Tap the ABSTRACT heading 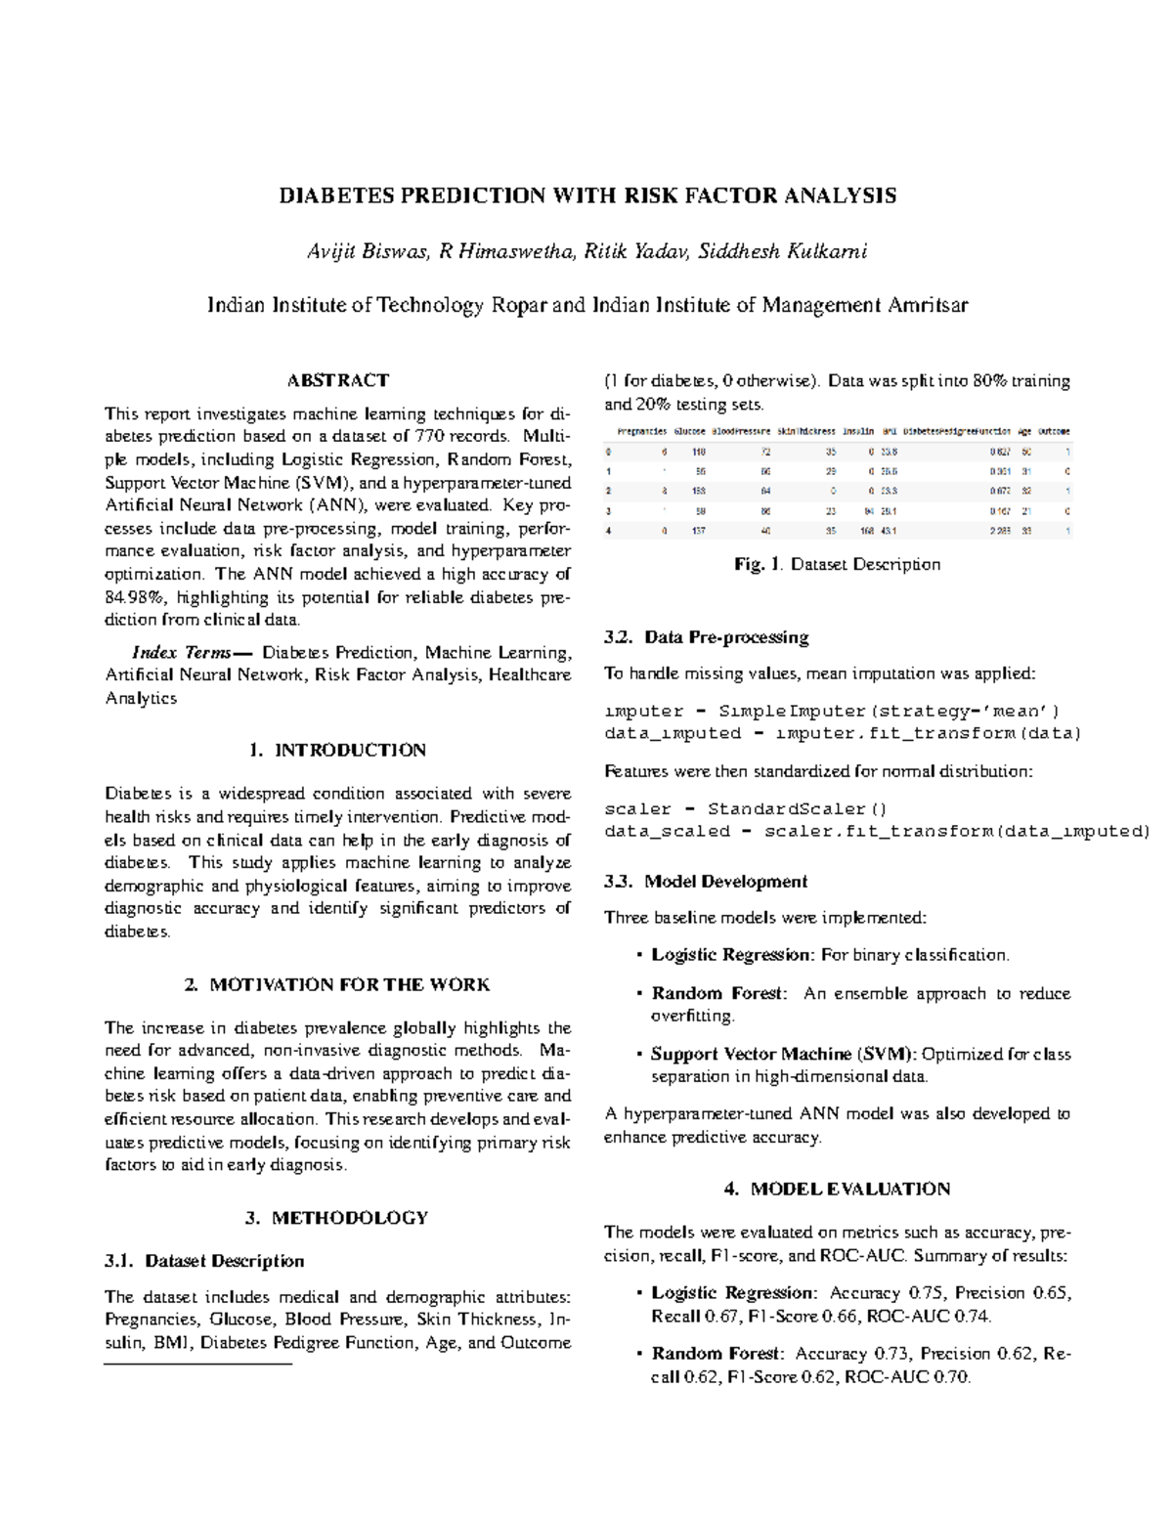(x=337, y=380)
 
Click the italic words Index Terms (x=182, y=652)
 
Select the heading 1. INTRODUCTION (x=337, y=751)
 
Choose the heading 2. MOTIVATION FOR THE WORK (x=337, y=984)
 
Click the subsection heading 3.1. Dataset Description (x=204, y=1261)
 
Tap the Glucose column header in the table (x=689, y=431)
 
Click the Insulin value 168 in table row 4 (x=867, y=531)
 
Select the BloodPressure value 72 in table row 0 (x=766, y=453)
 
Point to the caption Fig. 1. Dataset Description (x=837, y=564)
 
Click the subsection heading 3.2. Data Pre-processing (x=706, y=637)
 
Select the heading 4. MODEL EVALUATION (x=837, y=1189)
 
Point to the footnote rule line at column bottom (x=198, y=1363)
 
